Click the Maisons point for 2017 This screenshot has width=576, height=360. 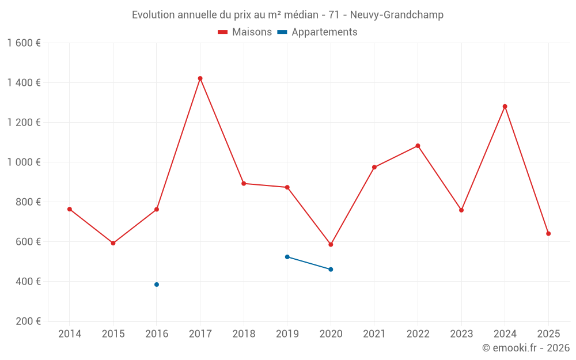pyautogui.click(x=200, y=78)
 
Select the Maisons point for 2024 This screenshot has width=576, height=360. pyautogui.click(x=505, y=107)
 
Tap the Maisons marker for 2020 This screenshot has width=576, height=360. pyautogui.click(x=331, y=245)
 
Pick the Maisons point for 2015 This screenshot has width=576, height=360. pyautogui.click(x=113, y=243)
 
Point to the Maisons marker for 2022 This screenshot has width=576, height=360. pyautogui.click(x=418, y=146)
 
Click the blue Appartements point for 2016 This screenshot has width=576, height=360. pyautogui.click(x=157, y=285)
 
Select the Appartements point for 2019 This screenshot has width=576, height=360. pyautogui.click(x=287, y=257)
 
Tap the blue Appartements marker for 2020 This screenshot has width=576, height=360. pyautogui.click(x=331, y=270)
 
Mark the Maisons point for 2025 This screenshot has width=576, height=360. pyautogui.click(x=548, y=234)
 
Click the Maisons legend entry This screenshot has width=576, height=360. pyautogui.click(x=245, y=32)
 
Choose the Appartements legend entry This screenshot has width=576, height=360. pyautogui.click(x=317, y=32)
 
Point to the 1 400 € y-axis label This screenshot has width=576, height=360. pyautogui.click(x=24, y=83)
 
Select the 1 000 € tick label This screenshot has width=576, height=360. pyautogui.click(x=24, y=162)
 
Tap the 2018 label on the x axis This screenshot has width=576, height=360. pyautogui.click(x=244, y=334)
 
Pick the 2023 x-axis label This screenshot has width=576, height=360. pyautogui.click(x=461, y=334)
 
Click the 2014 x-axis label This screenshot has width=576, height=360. pyautogui.click(x=70, y=334)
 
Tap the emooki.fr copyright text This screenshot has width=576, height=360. pyautogui.click(x=525, y=348)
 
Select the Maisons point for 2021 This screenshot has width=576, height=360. pyautogui.click(x=374, y=168)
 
